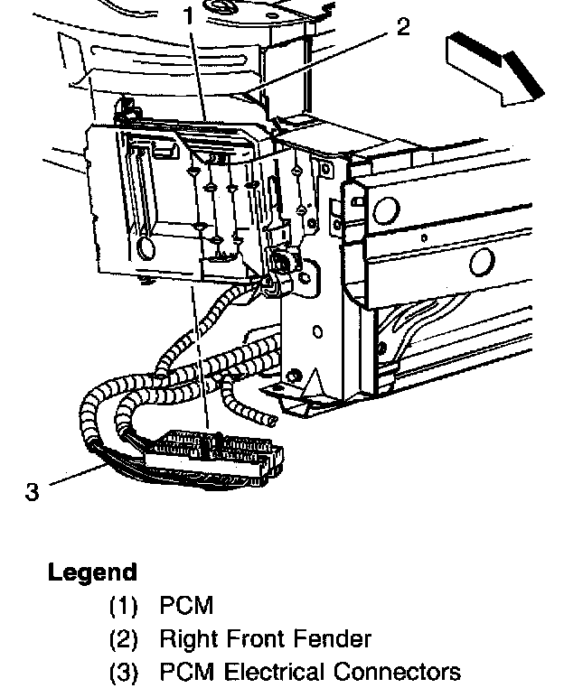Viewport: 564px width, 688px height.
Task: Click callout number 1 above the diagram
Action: (188, 15)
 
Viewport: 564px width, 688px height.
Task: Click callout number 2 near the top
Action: (403, 26)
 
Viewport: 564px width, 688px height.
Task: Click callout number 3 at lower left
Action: (33, 492)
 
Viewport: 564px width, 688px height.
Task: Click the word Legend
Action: (92, 572)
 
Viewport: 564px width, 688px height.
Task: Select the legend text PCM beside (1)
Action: (186, 605)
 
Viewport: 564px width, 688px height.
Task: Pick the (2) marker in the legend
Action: (123, 639)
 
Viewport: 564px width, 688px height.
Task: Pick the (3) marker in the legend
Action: (123, 673)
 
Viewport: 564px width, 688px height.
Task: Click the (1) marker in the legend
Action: (123, 605)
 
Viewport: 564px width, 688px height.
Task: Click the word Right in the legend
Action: (186, 639)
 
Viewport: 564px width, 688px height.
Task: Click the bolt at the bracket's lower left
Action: (294, 375)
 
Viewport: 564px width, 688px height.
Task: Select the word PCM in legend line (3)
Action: (186, 673)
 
